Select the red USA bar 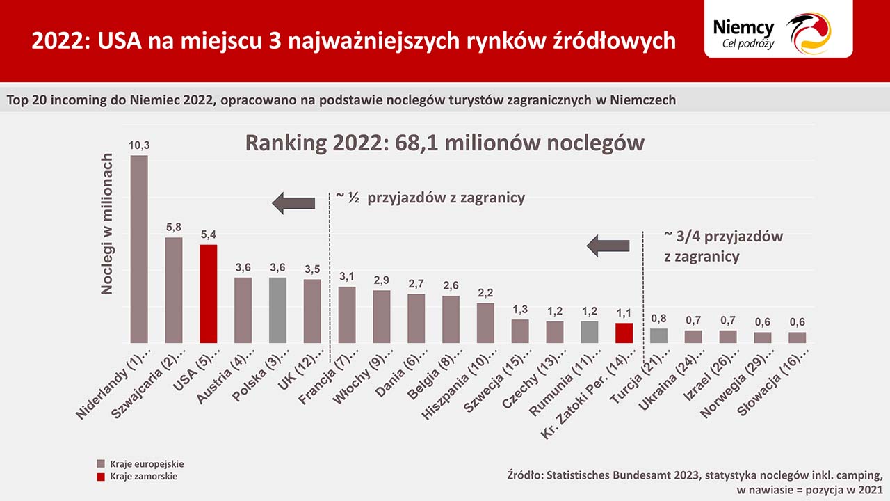click(208, 294)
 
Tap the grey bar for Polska click(277, 310)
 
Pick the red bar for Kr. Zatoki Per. click(624, 333)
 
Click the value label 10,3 click(139, 145)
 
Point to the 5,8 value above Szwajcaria click(174, 228)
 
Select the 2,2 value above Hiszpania click(485, 293)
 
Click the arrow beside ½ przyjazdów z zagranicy click(293, 203)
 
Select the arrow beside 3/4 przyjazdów click(608, 245)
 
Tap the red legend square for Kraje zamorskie click(101, 477)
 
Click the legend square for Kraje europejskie click(101, 463)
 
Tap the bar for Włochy click(381, 317)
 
